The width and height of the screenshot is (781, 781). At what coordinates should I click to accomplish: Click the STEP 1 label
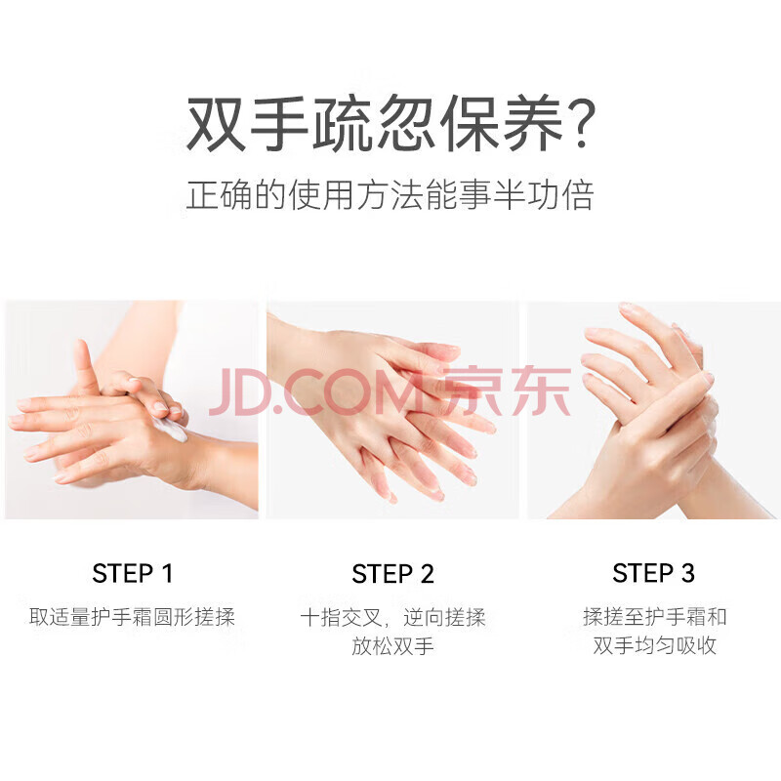(133, 573)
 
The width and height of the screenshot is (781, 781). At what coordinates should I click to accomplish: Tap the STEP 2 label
(393, 573)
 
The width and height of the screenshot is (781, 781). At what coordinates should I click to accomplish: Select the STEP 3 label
(653, 573)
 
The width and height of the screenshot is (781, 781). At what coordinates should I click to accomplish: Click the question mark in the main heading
(580, 123)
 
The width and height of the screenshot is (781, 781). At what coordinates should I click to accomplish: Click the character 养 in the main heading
(533, 123)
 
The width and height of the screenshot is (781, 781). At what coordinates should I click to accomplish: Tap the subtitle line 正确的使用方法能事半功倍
(390, 194)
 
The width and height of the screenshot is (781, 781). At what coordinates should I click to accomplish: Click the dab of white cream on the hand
(170, 429)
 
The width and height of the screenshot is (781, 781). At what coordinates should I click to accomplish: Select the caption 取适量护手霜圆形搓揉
(132, 617)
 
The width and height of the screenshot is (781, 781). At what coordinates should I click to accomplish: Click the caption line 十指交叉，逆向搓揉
(393, 618)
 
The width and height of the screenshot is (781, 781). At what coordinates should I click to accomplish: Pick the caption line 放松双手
(393, 646)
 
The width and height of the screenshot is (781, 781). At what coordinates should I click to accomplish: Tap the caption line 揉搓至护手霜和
(654, 617)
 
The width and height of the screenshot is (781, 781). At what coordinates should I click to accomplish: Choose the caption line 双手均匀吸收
(654, 645)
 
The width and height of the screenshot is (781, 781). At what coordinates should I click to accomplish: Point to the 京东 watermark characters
(507, 391)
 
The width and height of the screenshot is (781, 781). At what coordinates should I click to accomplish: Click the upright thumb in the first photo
(86, 362)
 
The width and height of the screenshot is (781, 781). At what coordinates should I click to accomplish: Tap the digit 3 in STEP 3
(688, 573)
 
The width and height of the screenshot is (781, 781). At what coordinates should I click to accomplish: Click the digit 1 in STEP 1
(168, 573)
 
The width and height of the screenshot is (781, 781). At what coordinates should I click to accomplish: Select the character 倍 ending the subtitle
(578, 194)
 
